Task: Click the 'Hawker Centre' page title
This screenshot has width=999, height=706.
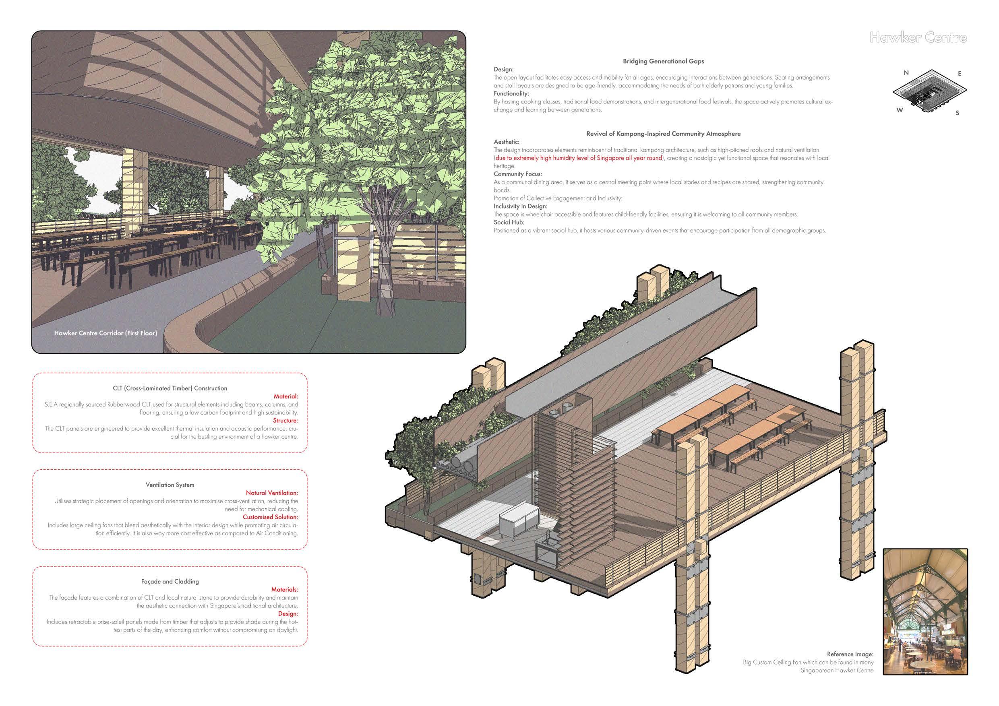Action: click(918, 38)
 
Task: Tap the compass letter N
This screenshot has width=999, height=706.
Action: click(906, 72)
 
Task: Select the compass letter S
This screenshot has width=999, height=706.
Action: click(957, 113)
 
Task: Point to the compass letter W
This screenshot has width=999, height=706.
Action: click(900, 110)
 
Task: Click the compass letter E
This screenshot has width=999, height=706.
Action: click(960, 74)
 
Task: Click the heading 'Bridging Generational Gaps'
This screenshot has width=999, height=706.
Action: click(663, 61)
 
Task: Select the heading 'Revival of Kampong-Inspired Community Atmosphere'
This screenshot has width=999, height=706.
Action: click(663, 134)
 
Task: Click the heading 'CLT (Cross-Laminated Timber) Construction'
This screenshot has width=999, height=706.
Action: click(170, 388)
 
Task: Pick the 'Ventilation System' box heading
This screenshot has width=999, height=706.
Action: click(170, 485)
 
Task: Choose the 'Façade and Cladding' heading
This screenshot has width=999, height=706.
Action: click(170, 581)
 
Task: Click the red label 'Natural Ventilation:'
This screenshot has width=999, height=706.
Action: click(272, 493)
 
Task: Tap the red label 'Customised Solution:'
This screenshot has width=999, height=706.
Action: click(270, 517)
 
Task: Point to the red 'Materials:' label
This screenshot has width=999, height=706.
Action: click(285, 589)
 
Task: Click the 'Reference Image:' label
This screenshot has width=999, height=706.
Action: click(850, 654)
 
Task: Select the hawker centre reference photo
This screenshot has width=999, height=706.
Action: click(925, 611)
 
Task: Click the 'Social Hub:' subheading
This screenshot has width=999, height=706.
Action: click(509, 222)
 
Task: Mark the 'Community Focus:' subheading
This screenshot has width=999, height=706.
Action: click(518, 174)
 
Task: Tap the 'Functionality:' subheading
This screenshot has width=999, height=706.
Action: click(511, 93)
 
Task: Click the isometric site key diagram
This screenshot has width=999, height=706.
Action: click(930, 91)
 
